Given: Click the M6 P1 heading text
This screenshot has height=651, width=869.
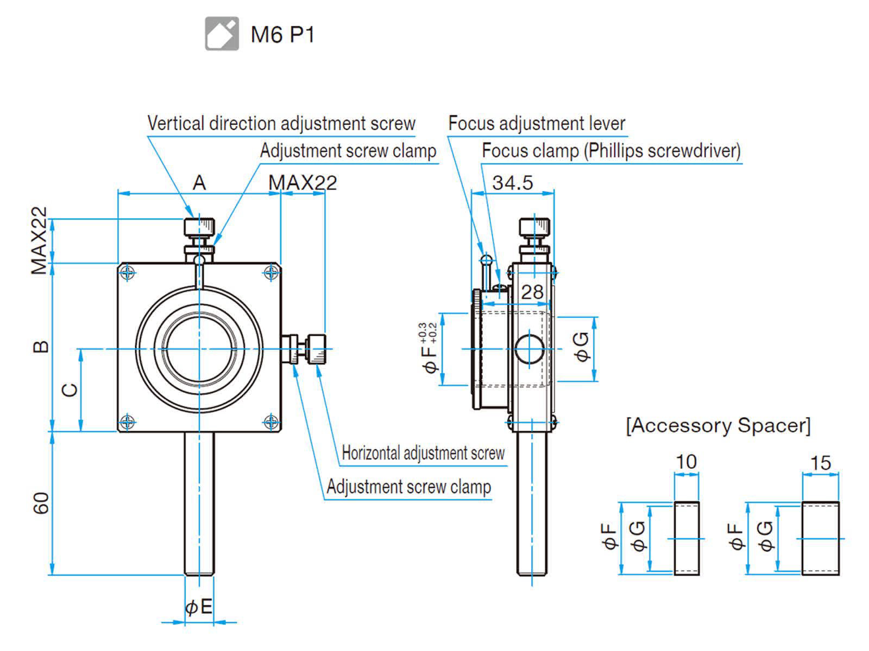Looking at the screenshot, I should tap(282, 35).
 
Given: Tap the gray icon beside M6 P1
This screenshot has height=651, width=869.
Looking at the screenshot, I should tap(222, 34).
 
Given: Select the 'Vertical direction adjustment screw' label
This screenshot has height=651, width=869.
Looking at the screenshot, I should tap(281, 124).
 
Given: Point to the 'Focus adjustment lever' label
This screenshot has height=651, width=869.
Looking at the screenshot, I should tap(537, 124).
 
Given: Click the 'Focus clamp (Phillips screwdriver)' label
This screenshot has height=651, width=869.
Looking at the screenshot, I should tap(611, 151).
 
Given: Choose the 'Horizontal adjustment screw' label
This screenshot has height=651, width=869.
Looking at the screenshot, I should tap(423, 453).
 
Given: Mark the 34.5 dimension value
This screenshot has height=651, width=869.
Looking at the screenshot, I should tap(512, 183).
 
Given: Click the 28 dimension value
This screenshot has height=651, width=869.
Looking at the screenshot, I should tap(532, 292).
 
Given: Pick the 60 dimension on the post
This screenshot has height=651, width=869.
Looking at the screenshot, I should tap(41, 503).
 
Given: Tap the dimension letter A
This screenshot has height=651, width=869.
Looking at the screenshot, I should tap(199, 183).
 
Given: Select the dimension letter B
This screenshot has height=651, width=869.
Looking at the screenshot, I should tap(41, 347).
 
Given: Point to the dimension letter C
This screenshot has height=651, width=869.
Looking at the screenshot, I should tap(70, 390).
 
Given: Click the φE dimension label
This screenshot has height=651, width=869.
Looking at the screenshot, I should tap(199, 607).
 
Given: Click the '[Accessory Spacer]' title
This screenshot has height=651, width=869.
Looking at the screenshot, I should tap(718, 425).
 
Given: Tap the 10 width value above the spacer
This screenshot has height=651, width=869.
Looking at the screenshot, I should tap(686, 462).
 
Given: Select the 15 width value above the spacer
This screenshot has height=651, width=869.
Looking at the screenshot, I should tap(821, 463).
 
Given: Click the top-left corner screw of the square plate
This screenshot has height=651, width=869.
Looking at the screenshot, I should tap(128, 272).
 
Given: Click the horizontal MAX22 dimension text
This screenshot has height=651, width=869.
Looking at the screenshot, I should tap(303, 183).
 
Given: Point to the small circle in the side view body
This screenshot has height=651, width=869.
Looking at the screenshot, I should tap(528, 349).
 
